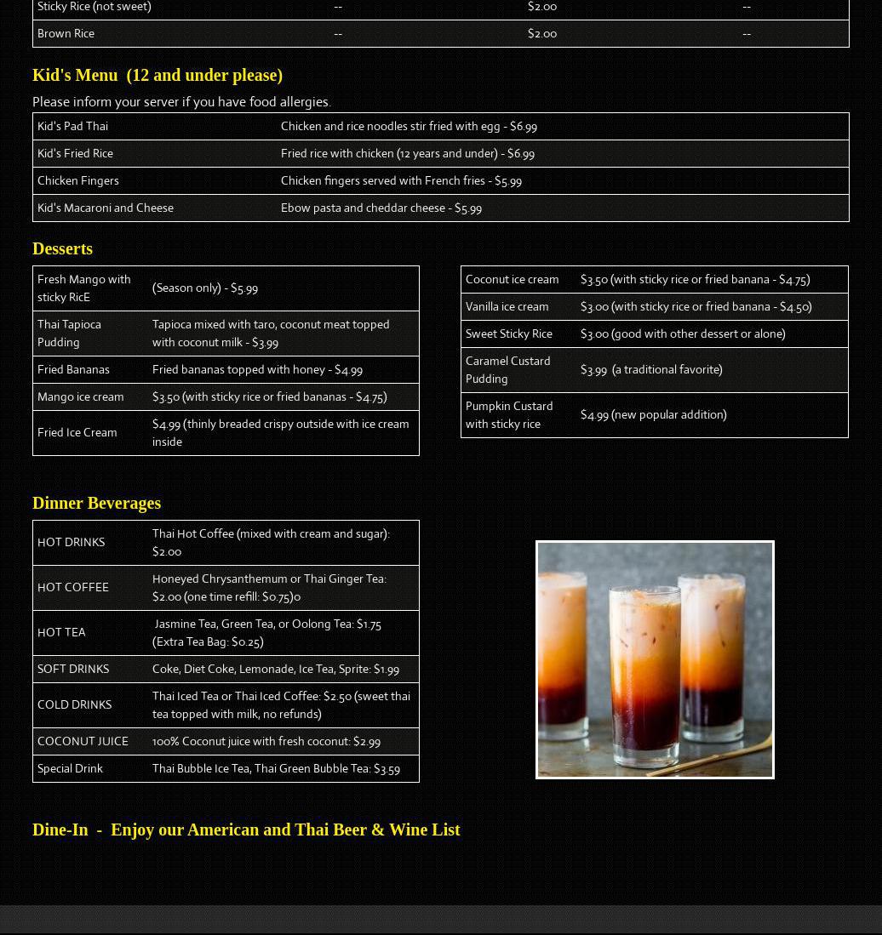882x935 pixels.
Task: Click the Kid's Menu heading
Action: point(157,75)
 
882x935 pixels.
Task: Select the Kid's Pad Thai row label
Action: point(72,126)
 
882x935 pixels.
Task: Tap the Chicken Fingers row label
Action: point(78,180)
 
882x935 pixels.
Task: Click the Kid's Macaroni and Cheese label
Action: point(106,208)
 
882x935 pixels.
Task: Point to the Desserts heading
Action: point(62,248)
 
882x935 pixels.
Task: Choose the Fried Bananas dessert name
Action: point(73,369)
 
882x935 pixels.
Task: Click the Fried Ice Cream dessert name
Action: point(77,432)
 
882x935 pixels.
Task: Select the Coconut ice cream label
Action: point(512,279)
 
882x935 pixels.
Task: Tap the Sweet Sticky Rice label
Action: point(508,334)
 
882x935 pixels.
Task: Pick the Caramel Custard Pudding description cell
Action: point(651,369)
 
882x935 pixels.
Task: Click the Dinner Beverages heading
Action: point(96,503)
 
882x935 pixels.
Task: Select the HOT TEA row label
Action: point(61,632)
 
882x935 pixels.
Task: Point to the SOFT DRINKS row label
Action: point(73,669)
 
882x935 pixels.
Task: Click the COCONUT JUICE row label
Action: point(83,741)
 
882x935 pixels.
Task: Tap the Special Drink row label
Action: point(70,768)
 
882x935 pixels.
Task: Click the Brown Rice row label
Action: point(66,33)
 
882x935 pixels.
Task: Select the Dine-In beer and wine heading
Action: point(246,830)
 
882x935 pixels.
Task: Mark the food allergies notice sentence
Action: point(181,101)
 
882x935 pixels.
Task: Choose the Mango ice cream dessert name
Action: point(80,396)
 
